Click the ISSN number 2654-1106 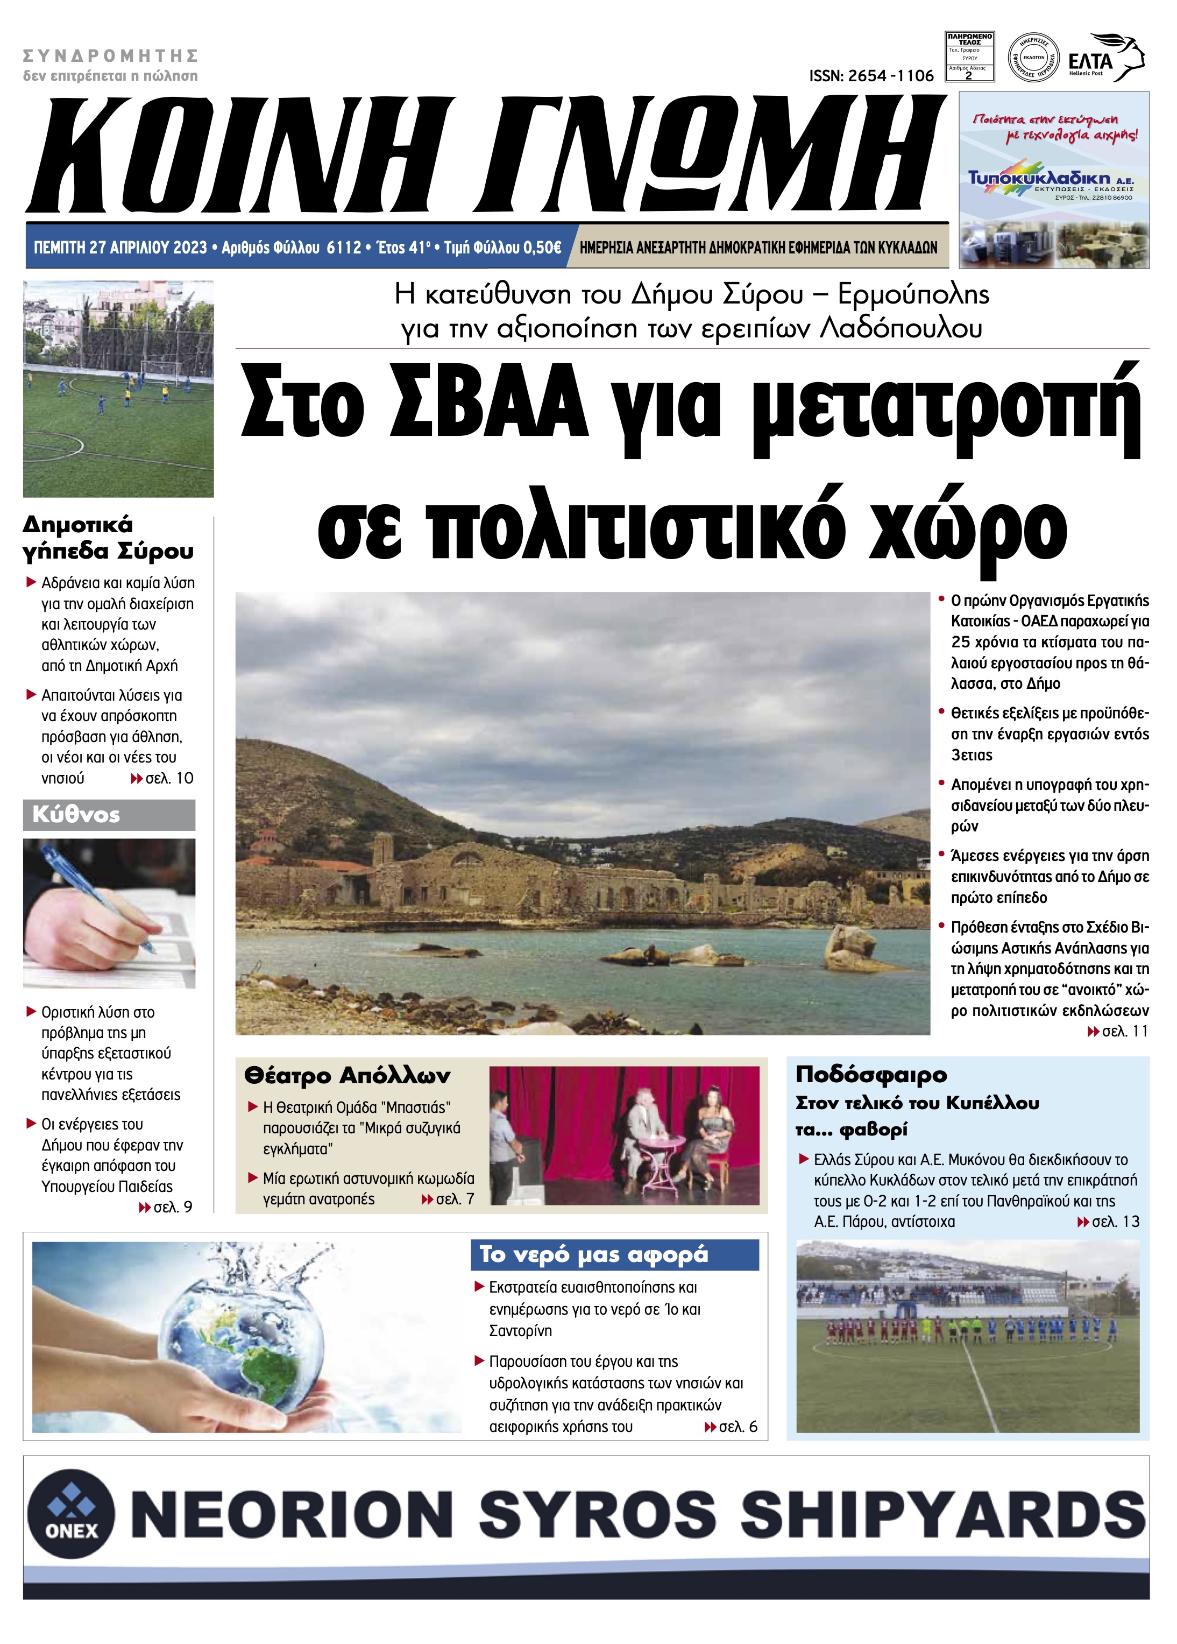coord(871,76)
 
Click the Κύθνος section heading coord(76,815)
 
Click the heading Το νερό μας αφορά coord(593,1254)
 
